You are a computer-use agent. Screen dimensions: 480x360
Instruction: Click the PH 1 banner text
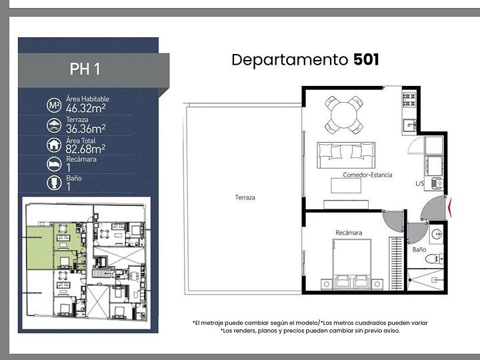point(85,69)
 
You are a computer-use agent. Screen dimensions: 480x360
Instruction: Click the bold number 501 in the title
point(366,59)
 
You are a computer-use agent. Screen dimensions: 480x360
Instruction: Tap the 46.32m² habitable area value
point(86,108)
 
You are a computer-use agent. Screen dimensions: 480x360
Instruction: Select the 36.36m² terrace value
point(86,129)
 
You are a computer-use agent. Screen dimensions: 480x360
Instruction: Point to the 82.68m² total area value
point(85,149)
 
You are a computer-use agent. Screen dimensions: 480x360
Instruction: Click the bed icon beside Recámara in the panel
point(54,165)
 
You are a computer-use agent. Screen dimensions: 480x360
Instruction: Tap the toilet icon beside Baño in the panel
point(54,183)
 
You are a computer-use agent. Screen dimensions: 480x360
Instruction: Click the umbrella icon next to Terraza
point(54,125)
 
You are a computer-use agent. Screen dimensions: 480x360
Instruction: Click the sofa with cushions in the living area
point(346,155)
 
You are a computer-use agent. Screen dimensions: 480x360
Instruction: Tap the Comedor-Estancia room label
point(367,175)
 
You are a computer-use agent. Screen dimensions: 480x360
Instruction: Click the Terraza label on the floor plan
point(245,198)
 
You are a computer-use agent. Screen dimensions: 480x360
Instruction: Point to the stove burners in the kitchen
point(409,100)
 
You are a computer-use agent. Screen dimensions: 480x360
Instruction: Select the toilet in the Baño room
point(434,259)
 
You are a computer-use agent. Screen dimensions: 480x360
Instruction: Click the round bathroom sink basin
point(437,235)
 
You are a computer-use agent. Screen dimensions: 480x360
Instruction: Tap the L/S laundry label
point(419,184)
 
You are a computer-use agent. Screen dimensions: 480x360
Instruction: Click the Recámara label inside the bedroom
point(349,233)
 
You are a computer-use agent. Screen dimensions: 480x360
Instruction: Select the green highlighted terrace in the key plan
point(40,248)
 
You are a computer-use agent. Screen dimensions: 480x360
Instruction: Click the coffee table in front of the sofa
point(346,185)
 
